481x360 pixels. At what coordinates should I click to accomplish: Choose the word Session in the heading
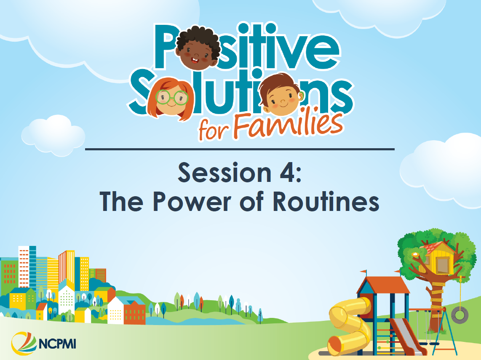pos(225,172)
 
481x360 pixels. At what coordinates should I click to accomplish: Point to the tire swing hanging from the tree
pos(459,314)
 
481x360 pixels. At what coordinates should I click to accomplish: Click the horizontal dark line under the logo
pos(240,149)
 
